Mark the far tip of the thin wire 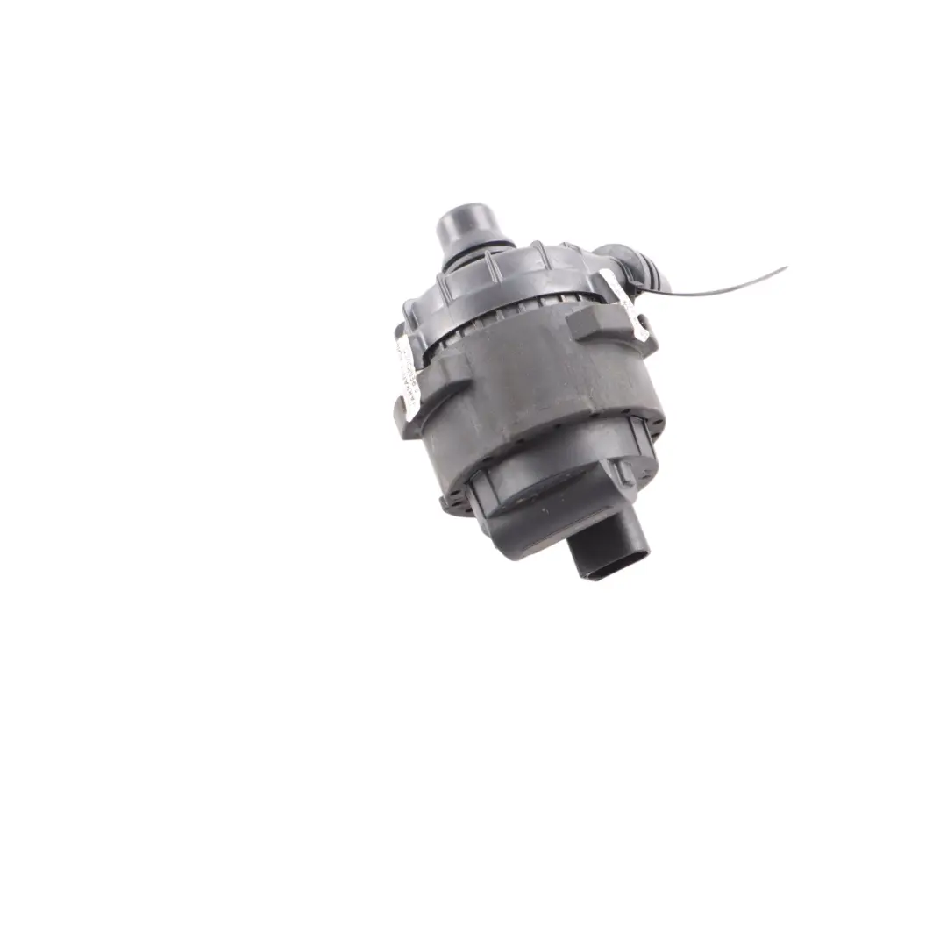click(785, 268)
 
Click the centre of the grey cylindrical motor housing click(526, 395)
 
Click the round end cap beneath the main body click(544, 500)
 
